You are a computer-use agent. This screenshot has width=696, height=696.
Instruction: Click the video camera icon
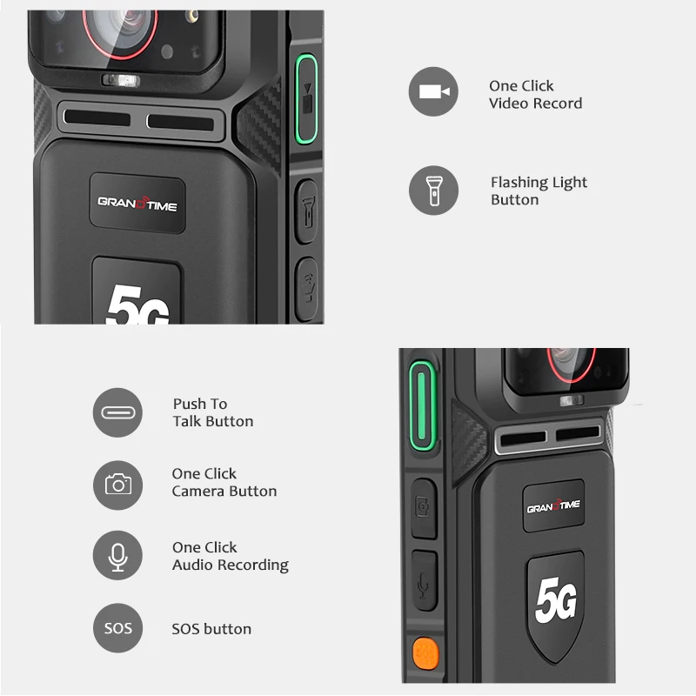[433, 91]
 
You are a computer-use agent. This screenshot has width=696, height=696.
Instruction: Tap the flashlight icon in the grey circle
[433, 191]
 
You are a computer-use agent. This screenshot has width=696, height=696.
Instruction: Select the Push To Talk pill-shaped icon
[117, 412]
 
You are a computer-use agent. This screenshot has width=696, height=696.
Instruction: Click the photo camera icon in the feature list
[117, 484]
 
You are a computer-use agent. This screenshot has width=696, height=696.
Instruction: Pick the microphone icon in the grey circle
[117, 556]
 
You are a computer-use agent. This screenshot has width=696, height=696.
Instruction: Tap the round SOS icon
[117, 628]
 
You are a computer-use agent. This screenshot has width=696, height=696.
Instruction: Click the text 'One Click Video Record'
[535, 95]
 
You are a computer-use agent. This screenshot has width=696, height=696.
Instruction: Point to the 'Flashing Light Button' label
[539, 191]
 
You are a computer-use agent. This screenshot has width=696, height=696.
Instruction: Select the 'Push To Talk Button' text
[213, 412]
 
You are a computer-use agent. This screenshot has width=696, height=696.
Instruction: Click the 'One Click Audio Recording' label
[230, 556]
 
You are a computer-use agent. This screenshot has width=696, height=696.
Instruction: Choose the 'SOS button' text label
[211, 629]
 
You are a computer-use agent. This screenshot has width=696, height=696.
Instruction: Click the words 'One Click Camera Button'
[224, 482]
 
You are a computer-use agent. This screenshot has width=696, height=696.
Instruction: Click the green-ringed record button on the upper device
[306, 97]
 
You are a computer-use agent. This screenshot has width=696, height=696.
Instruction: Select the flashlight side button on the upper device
[306, 210]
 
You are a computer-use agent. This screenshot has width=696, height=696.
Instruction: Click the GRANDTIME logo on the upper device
[137, 203]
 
